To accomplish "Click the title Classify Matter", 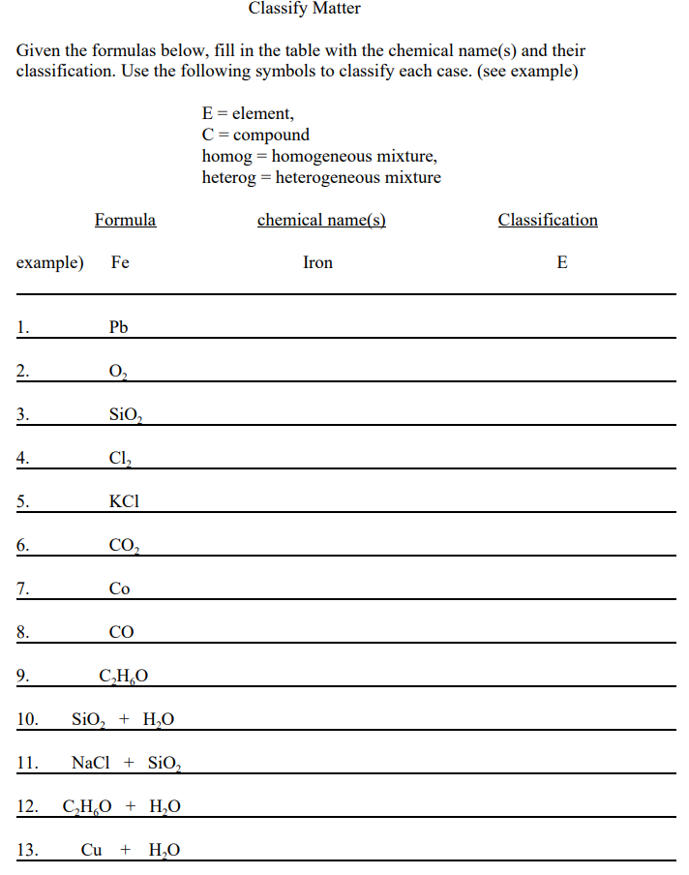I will point(304,9).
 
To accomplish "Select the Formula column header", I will point(125,220).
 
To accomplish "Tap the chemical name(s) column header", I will point(321,220).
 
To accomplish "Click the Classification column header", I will point(548,220).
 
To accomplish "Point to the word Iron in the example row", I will point(317,262).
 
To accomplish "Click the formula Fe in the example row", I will point(120,262).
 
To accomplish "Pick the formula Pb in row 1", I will point(119,327).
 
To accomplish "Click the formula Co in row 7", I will point(120,588).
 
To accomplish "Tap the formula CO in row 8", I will point(121,632).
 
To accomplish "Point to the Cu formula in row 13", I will point(92,850).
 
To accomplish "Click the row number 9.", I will point(22,676).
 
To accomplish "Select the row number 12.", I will point(27,806).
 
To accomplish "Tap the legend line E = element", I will point(248,113).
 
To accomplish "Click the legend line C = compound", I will point(255,135).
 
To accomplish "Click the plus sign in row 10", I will point(124,719).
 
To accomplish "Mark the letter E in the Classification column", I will point(562,262).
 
